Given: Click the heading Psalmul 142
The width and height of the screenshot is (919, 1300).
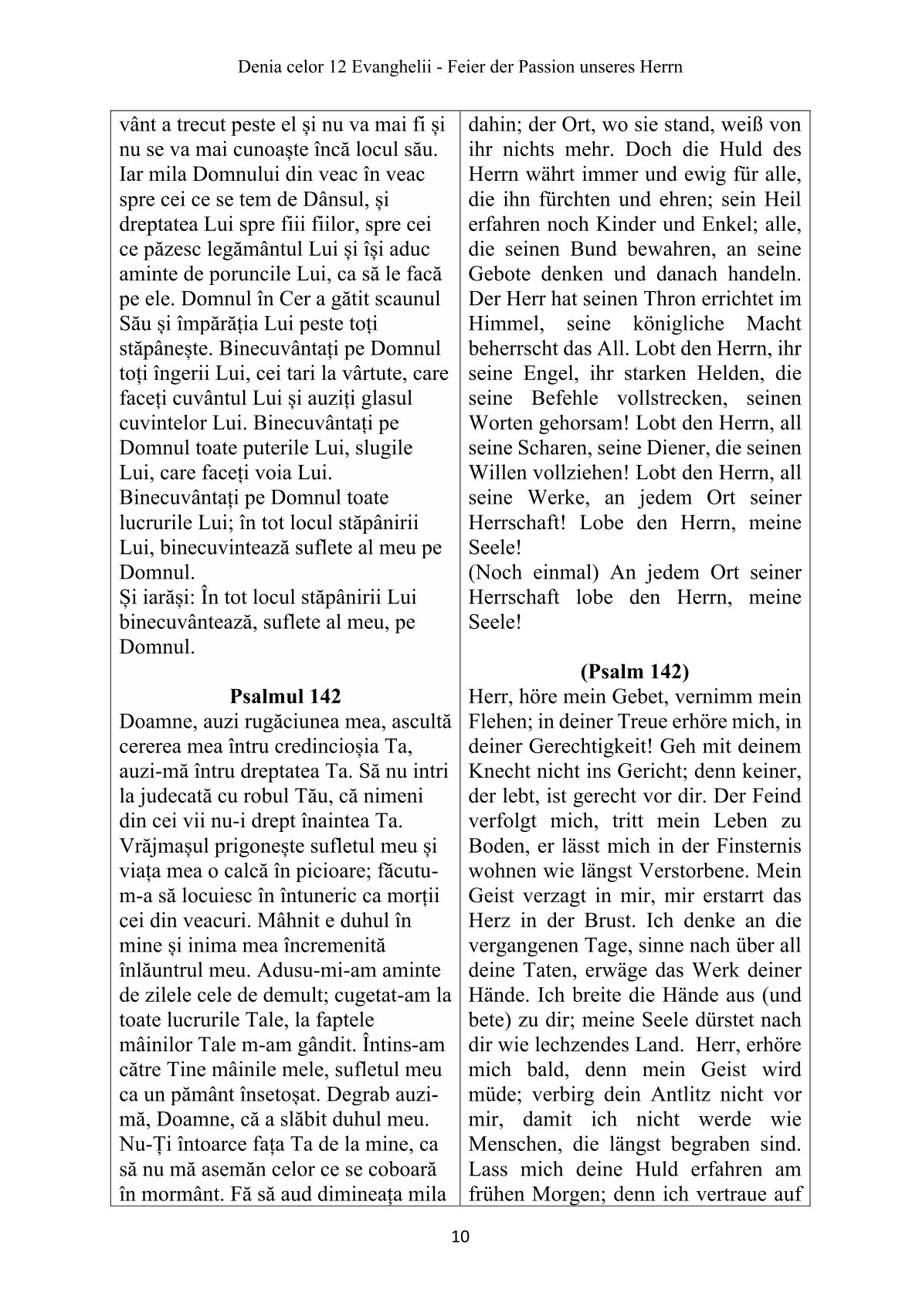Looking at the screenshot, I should point(285,696).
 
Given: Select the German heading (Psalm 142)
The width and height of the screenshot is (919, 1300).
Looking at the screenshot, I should point(636,671).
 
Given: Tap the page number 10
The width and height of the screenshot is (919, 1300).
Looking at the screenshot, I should point(459,1237).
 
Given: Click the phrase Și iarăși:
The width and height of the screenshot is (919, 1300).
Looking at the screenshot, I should point(157,597).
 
